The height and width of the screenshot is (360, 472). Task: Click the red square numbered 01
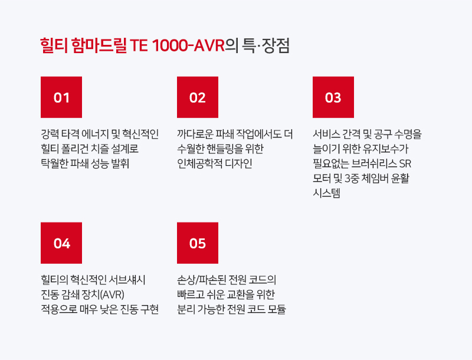[61, 97]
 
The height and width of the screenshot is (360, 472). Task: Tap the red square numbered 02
[198, 97]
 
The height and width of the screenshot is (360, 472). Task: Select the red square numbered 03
[333, 97]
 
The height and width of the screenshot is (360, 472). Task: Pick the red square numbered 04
[61, 243]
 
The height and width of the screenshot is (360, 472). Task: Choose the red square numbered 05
[198, 243]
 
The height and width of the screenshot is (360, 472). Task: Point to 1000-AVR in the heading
[188, 46]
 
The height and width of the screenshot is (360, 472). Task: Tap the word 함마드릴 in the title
[99, 45]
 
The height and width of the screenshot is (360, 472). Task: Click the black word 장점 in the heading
[276, 45]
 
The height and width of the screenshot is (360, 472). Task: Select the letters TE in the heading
[139, 46]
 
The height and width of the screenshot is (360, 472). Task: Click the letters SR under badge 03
[405, 163]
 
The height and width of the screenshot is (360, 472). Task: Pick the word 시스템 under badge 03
[326, 193]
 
